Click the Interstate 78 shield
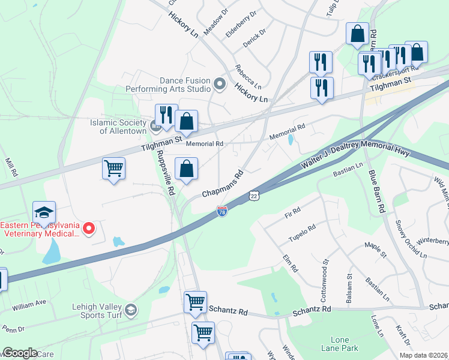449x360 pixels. [221, 211]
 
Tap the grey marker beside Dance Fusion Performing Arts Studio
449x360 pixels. [219, 84]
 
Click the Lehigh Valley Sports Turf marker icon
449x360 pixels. [131, 310]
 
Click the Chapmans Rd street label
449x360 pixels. [222, 184]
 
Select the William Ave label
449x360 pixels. [29, 305]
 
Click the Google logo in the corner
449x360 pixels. [20, 353]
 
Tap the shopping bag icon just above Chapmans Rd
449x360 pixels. [187, 169]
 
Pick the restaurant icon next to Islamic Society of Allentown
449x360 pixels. [166, 115]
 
